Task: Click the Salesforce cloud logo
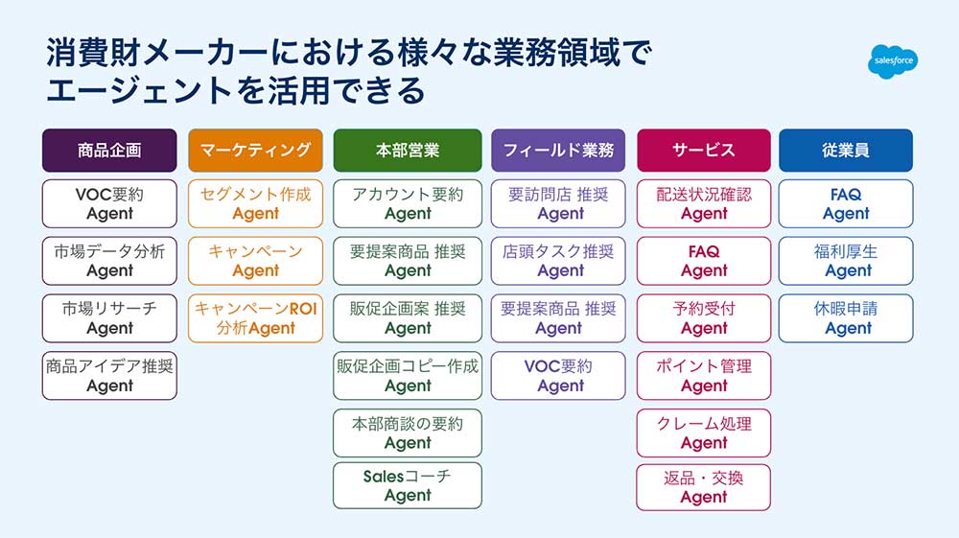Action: click(x=893, y=61)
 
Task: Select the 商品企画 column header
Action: click(x=109, y=151)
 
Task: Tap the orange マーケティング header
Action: click(x=256, y=151)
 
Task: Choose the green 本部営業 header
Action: click(x=408, y=151)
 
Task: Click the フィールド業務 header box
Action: click(x=558, y=151)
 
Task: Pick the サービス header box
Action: click(x=704, y=151)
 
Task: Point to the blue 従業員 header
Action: click(x=846, y=151)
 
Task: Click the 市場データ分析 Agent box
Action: click(x=109, y=261)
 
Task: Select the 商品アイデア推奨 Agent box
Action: click(x=109, y=376)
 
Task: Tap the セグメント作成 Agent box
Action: click(x=256, y=203)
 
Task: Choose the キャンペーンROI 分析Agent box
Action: click(x=256, y=318)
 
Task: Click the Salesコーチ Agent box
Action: click(x=408, y=486)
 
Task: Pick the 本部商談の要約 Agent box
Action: click(x=408, y=433)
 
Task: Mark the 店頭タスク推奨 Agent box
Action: click(x=558, y=261)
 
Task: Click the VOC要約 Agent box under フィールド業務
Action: click(x=558, y=376)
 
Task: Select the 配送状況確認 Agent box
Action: click(x=704, y=203)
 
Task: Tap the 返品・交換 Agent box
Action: click(x=704, y=487)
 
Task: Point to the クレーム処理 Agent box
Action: click(x=704, y=433)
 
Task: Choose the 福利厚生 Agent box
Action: click(x=846, y=261)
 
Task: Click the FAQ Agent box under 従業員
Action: click(x=846, y=203)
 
